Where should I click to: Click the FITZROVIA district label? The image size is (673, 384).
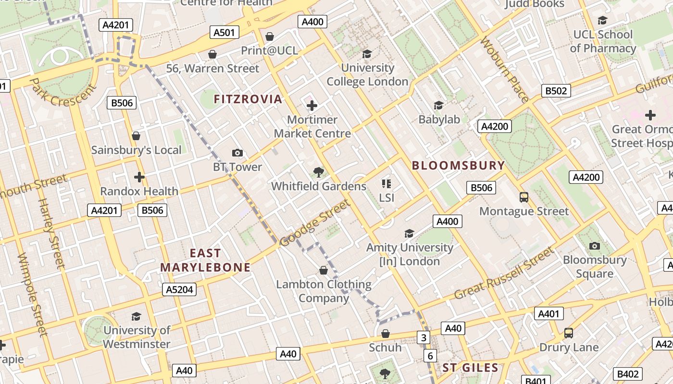coord(248,99)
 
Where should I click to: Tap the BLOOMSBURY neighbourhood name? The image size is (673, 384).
coord(459,166)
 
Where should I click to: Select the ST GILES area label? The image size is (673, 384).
coord(470,368)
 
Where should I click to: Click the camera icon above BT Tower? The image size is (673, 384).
coord(237,153)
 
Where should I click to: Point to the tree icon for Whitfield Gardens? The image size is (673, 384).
coord(318,172)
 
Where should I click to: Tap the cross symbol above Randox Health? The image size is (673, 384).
coord(139,177)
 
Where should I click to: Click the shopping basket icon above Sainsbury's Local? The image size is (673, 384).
coord(136,136)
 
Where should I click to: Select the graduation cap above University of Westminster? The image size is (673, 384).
coord(136,316)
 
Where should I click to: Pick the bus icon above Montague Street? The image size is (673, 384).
coord(524,197)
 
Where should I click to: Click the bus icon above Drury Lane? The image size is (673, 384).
coord(569,333)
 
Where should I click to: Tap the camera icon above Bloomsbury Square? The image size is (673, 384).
coord(595,246)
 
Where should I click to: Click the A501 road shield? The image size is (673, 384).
coord(224,33)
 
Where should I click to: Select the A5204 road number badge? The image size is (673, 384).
coord(180,289)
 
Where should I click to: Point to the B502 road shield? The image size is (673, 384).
coord(556,91)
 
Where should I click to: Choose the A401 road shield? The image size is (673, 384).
coord(548,314)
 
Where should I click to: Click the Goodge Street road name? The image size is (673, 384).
coord(315,224)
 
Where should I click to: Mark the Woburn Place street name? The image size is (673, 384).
coord(505,70)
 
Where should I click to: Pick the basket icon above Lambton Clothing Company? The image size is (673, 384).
coord(324,271)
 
